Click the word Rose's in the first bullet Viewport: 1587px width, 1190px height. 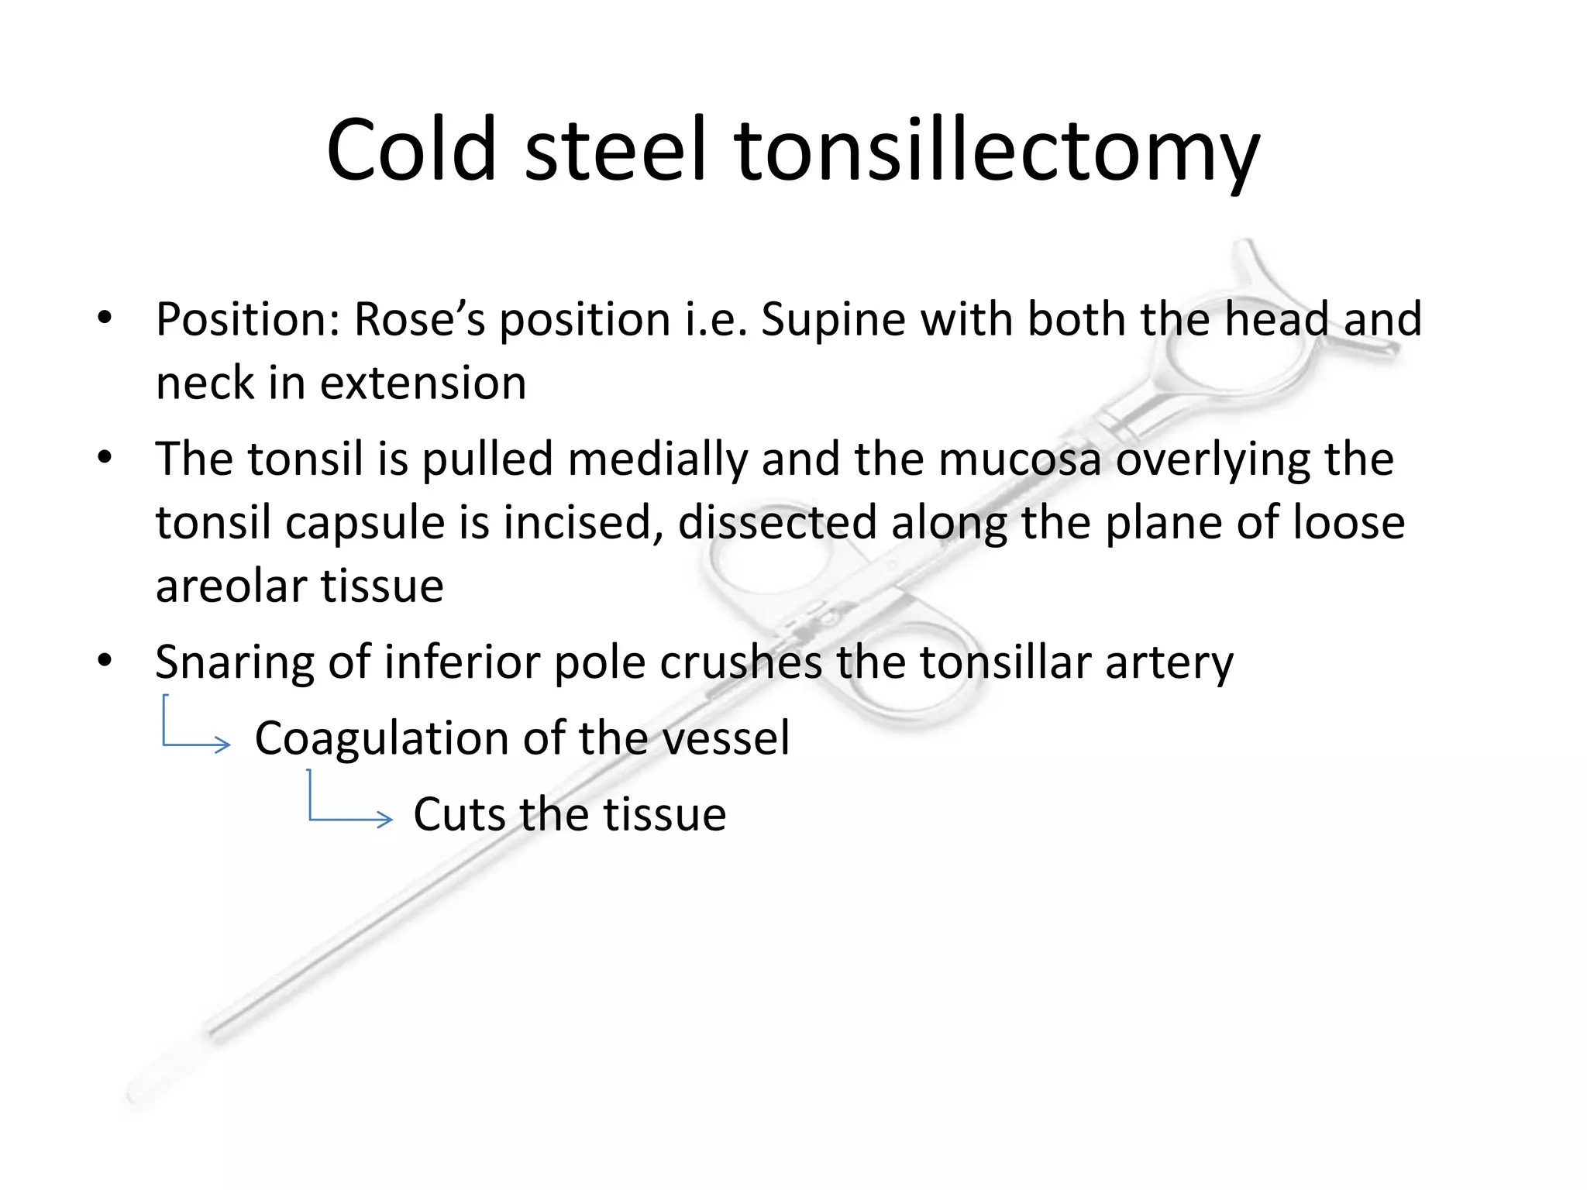419,319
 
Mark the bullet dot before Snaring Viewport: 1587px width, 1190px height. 105,661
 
